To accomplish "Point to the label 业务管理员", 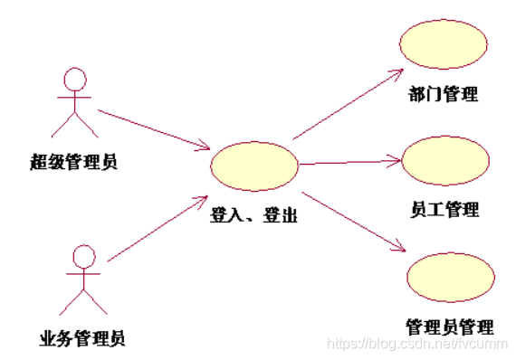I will coord(82,339).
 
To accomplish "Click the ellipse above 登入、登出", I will coord(254,166).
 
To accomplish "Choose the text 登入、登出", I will coord(254,216).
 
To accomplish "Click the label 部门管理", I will coord(444,94).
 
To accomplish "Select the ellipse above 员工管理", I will coord(445,161).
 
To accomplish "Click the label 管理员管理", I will coord(450,326).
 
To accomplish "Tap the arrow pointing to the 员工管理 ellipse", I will coord(349,163).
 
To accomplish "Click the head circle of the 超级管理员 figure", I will coord(75,79).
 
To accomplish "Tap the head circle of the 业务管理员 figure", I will coord(83,256).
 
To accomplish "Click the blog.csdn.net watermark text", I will coord(417,344).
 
